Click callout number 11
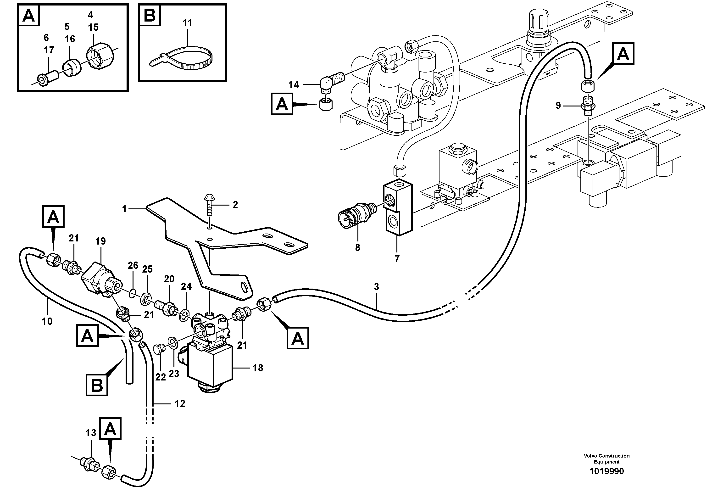point(187,23)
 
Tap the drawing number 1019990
point(606,471)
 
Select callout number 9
point(558,106)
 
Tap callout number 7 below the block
point(397,259)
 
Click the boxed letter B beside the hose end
point(97,386)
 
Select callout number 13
point(91,433)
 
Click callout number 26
point(133,265)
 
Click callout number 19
point(100,241)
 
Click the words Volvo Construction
point(606,456)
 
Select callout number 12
point(180,404)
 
